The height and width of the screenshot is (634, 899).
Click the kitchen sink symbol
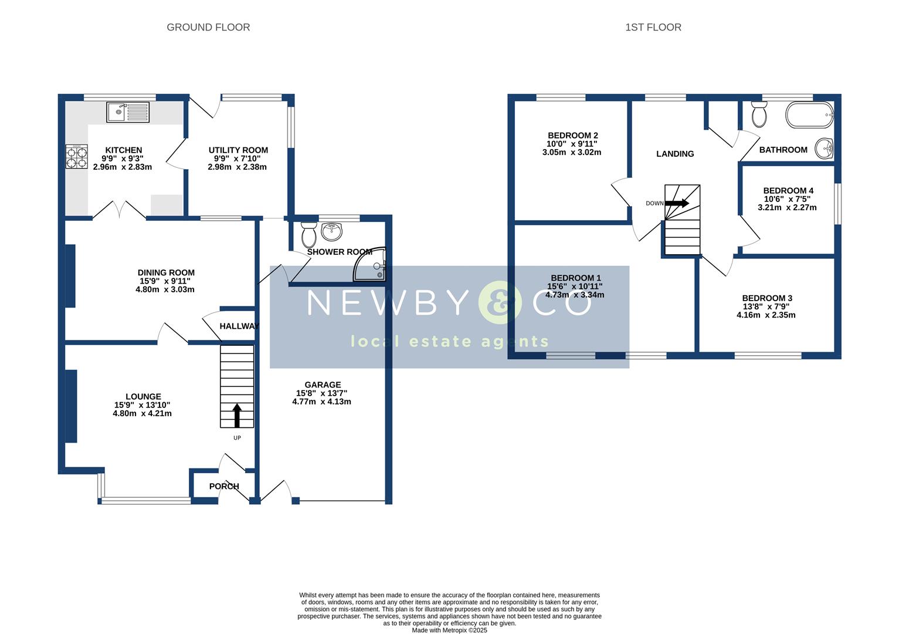pos(128,112)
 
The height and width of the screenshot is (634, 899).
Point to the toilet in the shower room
pos(308,235)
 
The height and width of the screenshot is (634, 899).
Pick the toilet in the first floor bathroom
pos(759,114)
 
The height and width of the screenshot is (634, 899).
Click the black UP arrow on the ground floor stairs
pos(237,415)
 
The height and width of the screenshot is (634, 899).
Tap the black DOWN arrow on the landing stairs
pos(677,203)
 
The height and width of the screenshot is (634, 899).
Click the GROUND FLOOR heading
pos(208,27)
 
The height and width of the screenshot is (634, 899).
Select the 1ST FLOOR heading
pos(653,27)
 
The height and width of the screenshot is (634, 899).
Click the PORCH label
pos(224,486)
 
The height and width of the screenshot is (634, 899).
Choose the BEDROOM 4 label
pos(788,190)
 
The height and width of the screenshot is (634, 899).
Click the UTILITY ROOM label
pos(238,150)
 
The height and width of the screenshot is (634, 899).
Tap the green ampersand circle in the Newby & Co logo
pos(500,303)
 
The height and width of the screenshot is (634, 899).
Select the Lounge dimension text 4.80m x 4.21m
pos(143,413)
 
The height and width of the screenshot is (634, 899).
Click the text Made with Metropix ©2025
pos(449,630)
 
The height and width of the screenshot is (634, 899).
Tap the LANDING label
pos(674,154)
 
